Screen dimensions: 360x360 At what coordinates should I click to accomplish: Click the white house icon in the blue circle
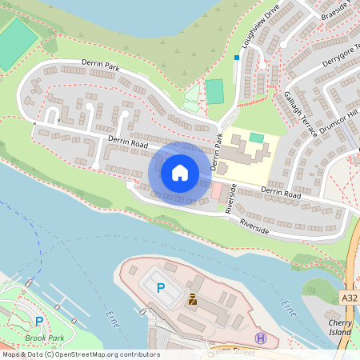[180, 172]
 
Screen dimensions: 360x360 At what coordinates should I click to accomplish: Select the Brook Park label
[45, 338]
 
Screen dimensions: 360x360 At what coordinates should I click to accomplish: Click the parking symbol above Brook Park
[39, 322]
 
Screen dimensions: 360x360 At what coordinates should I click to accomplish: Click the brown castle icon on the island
[192, 301]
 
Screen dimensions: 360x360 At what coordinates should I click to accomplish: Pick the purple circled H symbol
[260, 338]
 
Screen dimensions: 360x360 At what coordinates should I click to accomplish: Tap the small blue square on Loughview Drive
[236, 58]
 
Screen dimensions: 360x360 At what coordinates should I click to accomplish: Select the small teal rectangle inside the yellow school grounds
[256, 138]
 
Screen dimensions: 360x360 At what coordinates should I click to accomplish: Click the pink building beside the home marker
[216, 192]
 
